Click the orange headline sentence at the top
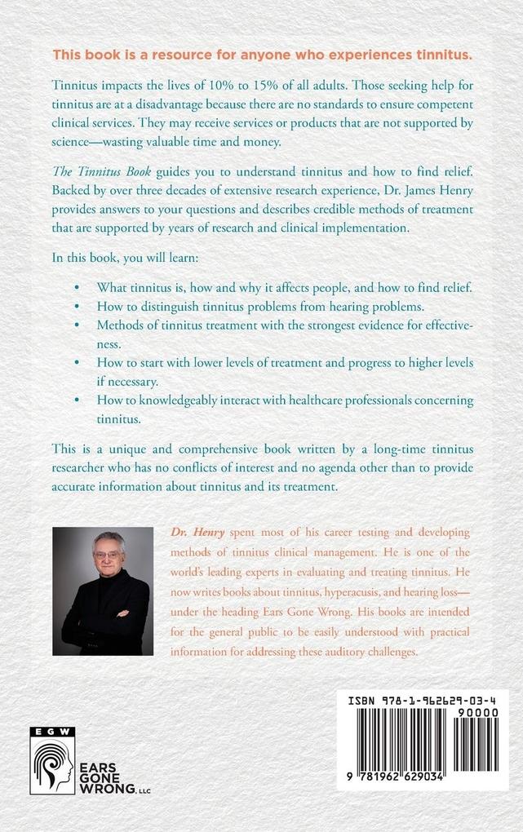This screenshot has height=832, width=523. click(x=262, y=55)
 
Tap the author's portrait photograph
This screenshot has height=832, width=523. click(x=103, y=591)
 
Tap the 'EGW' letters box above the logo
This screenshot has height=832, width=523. click(x=52, y=732)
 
